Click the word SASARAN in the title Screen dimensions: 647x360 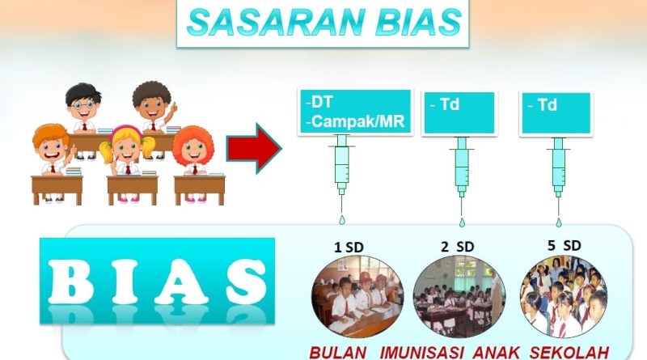[276, 23]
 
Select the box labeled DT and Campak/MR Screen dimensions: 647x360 [355, 112]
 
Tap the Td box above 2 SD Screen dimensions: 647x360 [459, 112]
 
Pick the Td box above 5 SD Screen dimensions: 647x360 [556, 112]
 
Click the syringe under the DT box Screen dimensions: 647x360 [341, 169]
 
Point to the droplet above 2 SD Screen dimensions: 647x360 [462, 222]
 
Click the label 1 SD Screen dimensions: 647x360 [349, 248]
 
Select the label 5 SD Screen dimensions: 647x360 [564, 246]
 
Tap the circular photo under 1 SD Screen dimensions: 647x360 [357, 296]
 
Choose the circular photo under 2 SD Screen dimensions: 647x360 [459, 296]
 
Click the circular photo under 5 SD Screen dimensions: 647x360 [564, 296]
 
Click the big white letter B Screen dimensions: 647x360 [70, 282]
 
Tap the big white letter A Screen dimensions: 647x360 [181, 282]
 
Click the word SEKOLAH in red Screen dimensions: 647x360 [569, 353]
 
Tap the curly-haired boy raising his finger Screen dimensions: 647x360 [154, 107]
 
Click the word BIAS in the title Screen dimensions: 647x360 [419, 23]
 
